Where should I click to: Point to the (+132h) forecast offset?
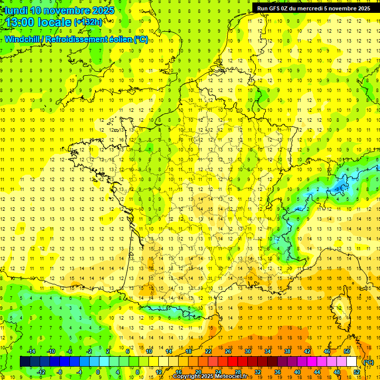(x=88, y=22)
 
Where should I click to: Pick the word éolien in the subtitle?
(x=121, y=39)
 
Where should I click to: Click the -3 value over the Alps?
(x=338, y=189)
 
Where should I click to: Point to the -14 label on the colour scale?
(x=31, y=351)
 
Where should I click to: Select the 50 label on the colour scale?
(x=347, y=351)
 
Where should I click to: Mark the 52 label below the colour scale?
(x=357, y=372)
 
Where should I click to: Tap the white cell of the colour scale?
(x=352, y=362)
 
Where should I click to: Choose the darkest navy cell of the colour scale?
(x=25, y=362)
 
